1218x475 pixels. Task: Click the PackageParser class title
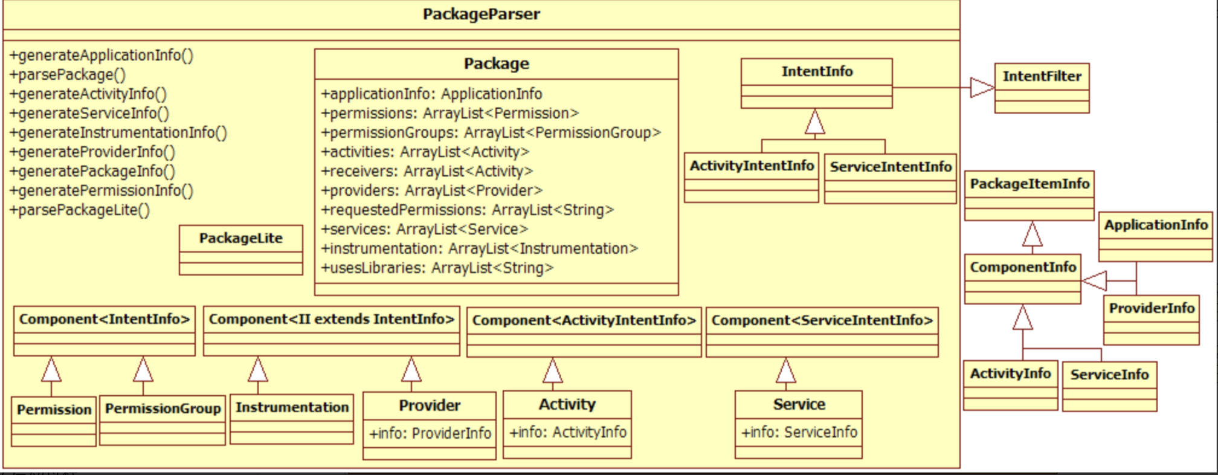[x=481, y=14]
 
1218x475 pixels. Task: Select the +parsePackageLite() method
[x=79, y=210]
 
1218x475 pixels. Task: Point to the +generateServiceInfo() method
[x=89, y=113]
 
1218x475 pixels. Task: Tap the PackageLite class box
[x=240, y=250]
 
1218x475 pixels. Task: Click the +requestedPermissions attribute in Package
[x=467, y=210]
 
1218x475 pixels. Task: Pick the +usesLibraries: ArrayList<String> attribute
[x=437, y=268]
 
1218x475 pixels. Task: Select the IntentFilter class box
[x=1042, y=88]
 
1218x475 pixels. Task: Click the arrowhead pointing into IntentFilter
[x=982, y=88]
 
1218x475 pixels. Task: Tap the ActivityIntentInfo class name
[x=752, y=166]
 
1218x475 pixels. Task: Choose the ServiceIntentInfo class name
[x=890, y=167]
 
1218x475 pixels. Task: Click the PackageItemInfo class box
[x=1029, y=195]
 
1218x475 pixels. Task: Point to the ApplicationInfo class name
[x=1155, y=225]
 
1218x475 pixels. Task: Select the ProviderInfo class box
[x=1151, y=320]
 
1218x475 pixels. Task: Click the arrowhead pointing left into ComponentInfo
[x=1094, y=281]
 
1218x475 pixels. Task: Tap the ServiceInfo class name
[x=1109, y=375]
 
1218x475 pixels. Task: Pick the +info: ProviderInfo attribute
[x=430, y=433]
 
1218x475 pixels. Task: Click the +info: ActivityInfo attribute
[x=567, y=432]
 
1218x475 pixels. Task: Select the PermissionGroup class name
[x=163, y=409]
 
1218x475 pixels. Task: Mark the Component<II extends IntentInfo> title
[x=331, y=319]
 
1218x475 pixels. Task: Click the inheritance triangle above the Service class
[x=785, y=371]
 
